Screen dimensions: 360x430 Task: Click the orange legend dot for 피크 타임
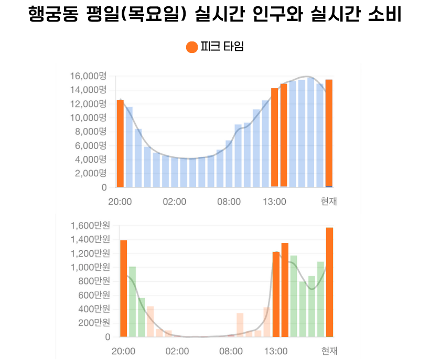pyautogui.click(x=192, y=47)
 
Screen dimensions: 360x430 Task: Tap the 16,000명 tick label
pyautogui.click(x=88, y=76)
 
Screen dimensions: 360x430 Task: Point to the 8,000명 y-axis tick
pyautogui.click(x=90, y=131)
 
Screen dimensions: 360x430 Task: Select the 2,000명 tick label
pyautogui.click(x=90, y=173)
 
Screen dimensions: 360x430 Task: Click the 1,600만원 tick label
pyautogui.click(x=90, y=226)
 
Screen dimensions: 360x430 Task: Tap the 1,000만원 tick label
pyautogui.click(x=90, y=268)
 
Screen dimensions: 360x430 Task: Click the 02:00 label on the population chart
pyautogui.click(x=174, y=202)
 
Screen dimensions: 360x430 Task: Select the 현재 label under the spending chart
pyautogui.click(x=329, y=351)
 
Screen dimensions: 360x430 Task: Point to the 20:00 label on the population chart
pyautogui.click(x=120, y=202)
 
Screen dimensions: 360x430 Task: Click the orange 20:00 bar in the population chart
pyautogui.click(x=120, y=143)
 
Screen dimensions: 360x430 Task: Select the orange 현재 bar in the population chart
pyautogui.click(x=329, y=133)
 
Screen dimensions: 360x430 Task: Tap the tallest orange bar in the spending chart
pyautogui.click(x=329, y=282)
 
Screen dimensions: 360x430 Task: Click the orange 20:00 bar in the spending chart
pyautogui.click(x=124, y=288)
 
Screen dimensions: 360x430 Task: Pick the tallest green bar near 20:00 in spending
pyautogui.click(x=133, y=302)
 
